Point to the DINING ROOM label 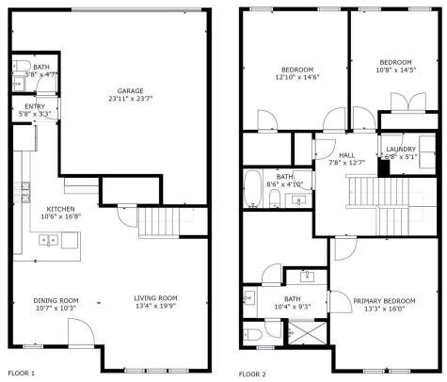(x=40, y=300)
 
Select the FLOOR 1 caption (x=22, y=374)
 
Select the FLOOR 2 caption (x=252, y=374)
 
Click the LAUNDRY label (x=401, y=149)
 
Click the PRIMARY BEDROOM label (x=386, y=302)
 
